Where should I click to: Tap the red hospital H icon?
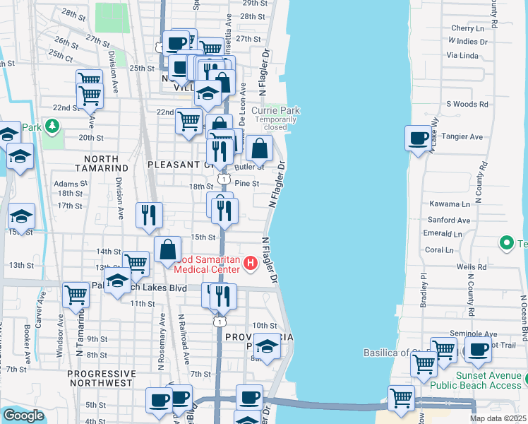tap(250, 264)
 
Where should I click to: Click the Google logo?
tap(23, 415)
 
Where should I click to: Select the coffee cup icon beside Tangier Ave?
tap(419, 137)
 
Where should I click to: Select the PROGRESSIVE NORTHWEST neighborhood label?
tap(100, 377)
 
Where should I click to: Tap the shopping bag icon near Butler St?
tap(259, 148)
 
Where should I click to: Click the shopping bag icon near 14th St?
tap(167, 250)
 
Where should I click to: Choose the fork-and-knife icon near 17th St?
tap(148, 215)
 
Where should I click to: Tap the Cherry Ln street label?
tap(467, 28)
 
